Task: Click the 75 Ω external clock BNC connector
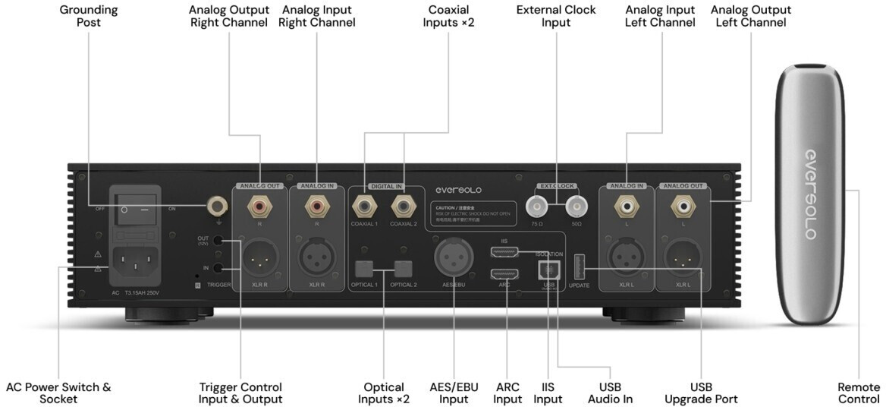pyautogui.click(x=537, y=205)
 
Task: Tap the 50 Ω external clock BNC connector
pyautogui.click(x=577, y=205)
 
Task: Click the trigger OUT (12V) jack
pyautogui.click(x=218, y=241)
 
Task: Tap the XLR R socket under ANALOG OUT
pyautogui.click(x=260, y=258)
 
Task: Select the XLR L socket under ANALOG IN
pyautogui.click(x=627, y=258)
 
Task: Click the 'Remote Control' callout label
pyautogui.click(x=859, y=393)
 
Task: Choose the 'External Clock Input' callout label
pyautogui.click(x=556, y=16)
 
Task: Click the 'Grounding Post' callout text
pyautogui.click(x=88, y=16)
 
